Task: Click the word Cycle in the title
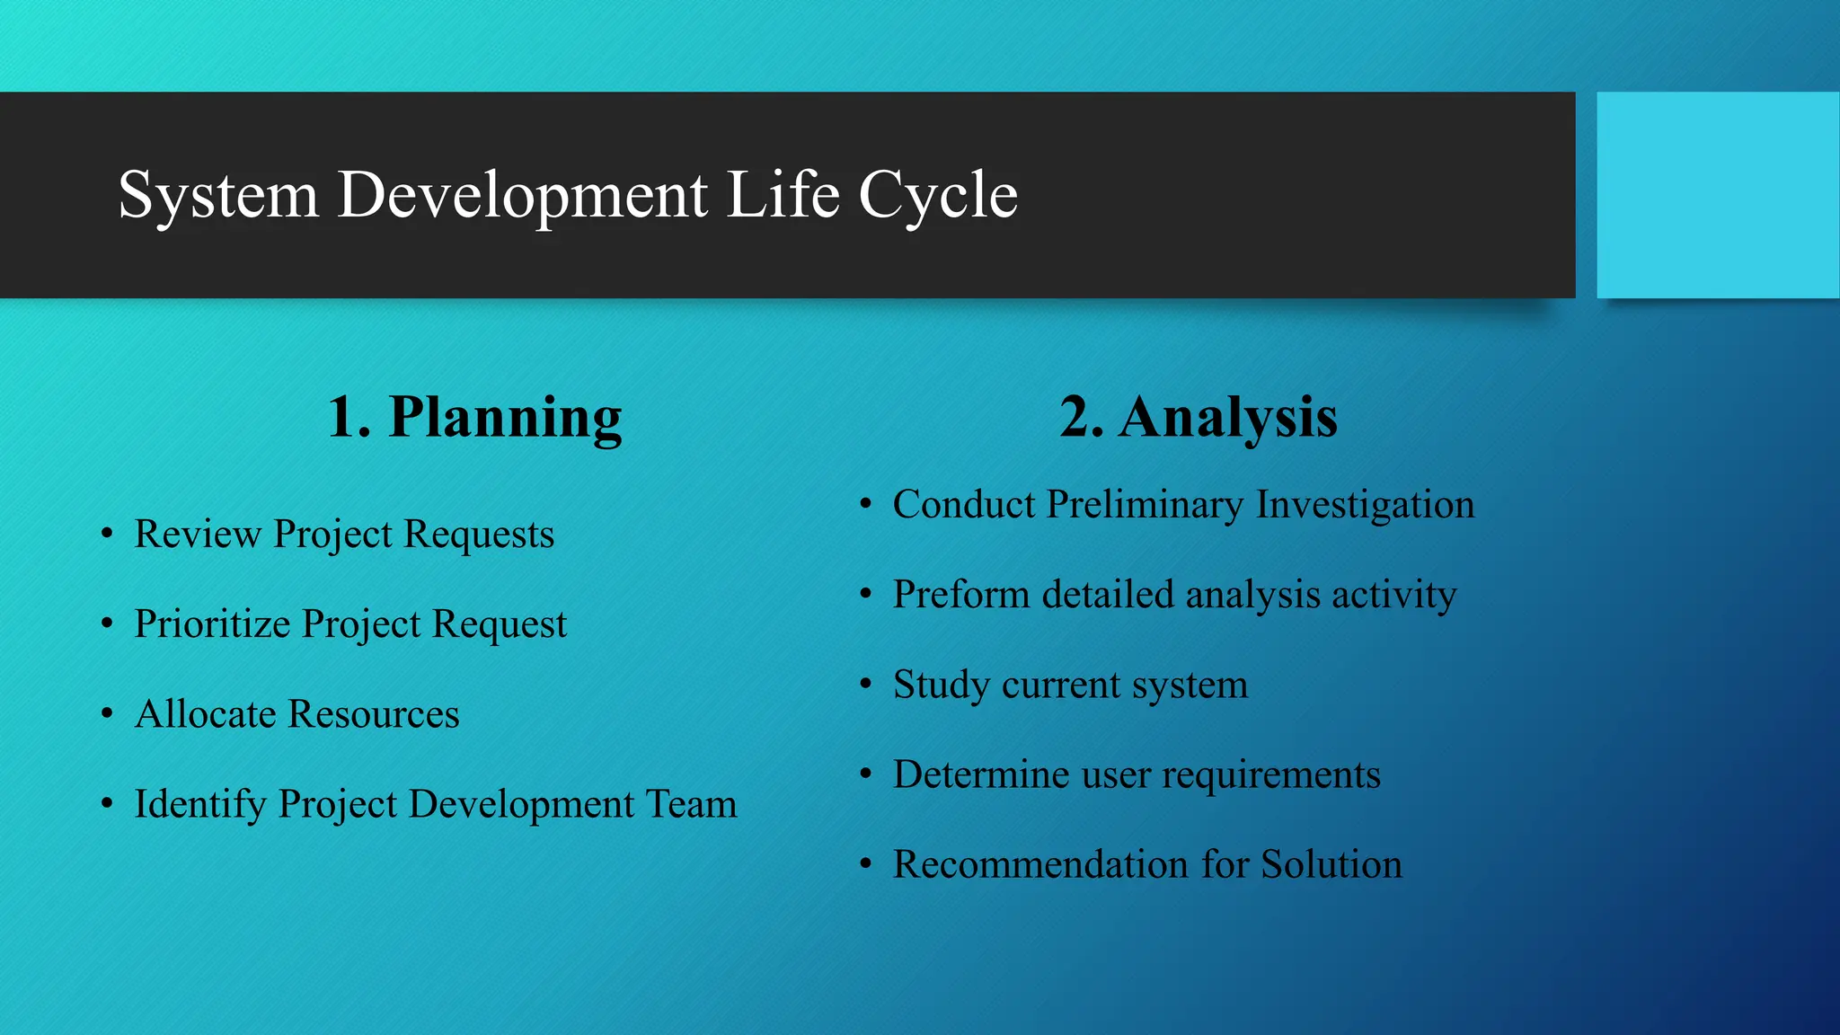938,195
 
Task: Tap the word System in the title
218,195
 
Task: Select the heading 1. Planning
474,417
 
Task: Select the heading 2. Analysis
1198,417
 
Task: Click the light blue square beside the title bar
1717,195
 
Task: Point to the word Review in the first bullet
198,534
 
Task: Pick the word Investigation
1365,505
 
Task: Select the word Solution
1331,864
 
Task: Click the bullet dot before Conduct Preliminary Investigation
865,504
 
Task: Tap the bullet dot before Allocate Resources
107,714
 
